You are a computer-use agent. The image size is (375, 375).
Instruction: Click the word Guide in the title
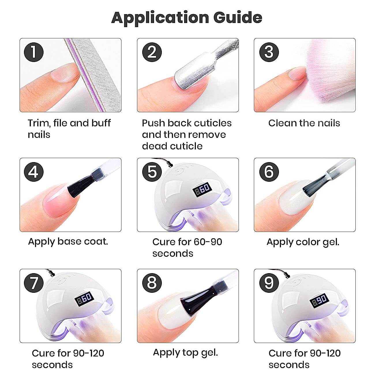pyautogui.click(x=238, y=18)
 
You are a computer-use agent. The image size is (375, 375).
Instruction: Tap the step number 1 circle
pyautogui.click(x=33, y=52)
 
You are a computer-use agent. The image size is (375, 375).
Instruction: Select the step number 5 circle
pyautogui.click(x=152, y=172)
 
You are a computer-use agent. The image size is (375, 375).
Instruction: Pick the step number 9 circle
pyautogui.click(x=269, y=283)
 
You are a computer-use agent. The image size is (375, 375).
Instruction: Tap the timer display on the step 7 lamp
pyautogui.click(x=84, y=299)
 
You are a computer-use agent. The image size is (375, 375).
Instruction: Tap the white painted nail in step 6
pyautogui.click(x=297, y=198)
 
